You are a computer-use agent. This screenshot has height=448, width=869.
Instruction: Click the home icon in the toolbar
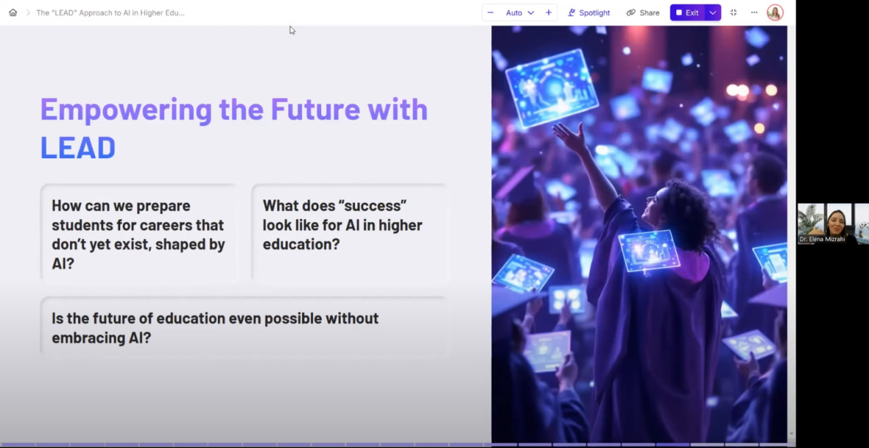click(13, 13)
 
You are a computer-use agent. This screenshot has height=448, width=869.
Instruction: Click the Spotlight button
click(589, 13)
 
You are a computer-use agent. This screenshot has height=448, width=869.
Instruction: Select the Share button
click(643, 13)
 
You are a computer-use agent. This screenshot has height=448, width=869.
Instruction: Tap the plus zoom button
click(548, 13)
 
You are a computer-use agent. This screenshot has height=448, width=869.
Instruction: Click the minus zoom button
click(490, 13)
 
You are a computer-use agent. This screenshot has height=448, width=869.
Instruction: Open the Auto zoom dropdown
click(520, 13)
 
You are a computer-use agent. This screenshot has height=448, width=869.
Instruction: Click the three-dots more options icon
click(754, 12)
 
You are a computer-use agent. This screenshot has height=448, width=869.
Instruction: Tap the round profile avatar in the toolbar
click(775, 13)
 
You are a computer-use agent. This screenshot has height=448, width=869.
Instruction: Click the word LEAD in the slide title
click(78, 148)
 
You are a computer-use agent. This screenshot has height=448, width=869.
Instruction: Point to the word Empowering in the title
click(126, 111)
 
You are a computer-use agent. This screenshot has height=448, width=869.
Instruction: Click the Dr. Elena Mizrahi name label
click(822, 240)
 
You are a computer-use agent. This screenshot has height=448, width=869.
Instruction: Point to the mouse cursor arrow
click(292, 31)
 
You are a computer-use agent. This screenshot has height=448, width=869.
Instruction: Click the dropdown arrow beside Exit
click(713, 13)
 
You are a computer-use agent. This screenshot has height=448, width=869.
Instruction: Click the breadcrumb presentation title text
click(111, 13)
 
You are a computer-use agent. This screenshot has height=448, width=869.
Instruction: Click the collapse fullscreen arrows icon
click(733, 13)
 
